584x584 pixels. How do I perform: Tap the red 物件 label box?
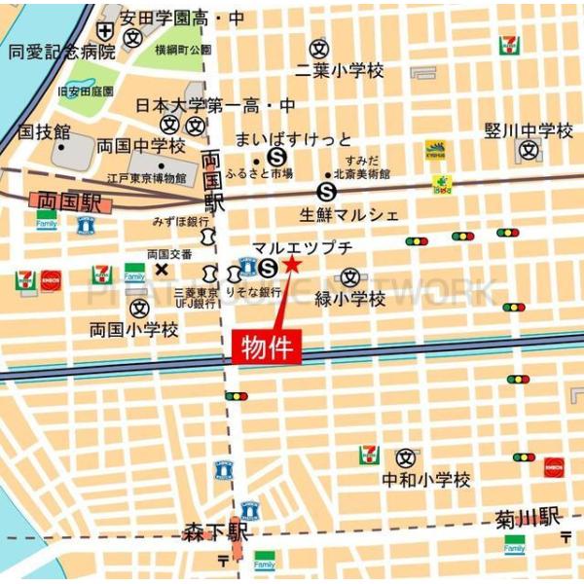pyautogui.click(x=266, y=345)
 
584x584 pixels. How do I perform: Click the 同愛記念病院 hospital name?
pyautogui.click(x=60, y=51)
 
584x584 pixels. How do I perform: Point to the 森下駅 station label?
pyautogui.click(x=216, y=532)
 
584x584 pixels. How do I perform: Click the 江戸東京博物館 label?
pyautogui.click(x=146, y=178)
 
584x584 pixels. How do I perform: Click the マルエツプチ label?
pyautogui.click(x=302, y=247)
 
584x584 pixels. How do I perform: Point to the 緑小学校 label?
pyautogui.click(x=349, y=299)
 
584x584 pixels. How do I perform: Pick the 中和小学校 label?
pyautogui.click(x=425, y=479)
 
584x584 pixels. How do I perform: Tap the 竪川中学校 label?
pyautogui.click(x=529, y=130)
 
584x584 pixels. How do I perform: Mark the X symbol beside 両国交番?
pyautogui.click(x=161, y=269)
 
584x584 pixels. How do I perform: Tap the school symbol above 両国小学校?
pyautogui.click(x=138, y=308)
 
